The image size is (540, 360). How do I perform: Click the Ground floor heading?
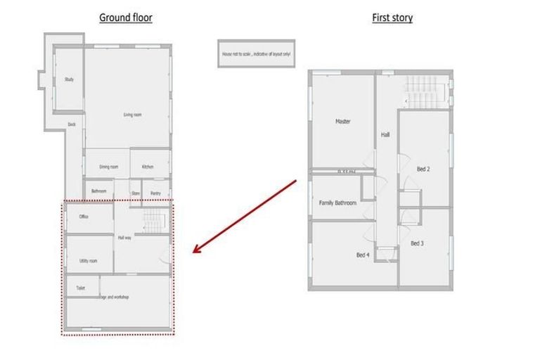tap(125, 18)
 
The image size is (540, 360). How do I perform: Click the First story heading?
tap(392, 18)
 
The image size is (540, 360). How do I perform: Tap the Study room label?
tap(69, 79)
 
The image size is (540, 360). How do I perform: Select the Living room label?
tap(132, 115)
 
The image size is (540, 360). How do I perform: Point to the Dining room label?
tap(108, 167)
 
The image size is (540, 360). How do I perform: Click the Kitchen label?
tap(148, 167)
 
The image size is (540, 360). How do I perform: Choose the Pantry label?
tap(155, 193)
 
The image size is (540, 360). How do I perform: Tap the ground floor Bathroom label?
tap(98, 191)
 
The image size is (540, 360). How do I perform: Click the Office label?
tap(84, 217)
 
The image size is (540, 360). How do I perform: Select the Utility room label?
tap(88, 261)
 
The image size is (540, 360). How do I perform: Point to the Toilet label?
tap(81, 288)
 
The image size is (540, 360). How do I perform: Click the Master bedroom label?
tap(342, 122)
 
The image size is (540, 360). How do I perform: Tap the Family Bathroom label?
tap(337, 203)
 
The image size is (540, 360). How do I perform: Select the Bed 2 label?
tap(423, 169)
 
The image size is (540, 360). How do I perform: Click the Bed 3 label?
tap(417, 243)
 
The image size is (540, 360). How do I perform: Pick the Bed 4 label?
tap(363, 255)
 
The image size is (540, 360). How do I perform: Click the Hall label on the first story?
tap(385, 134)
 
